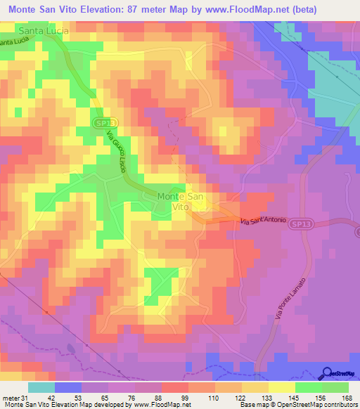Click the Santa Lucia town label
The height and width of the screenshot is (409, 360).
coord(44,31)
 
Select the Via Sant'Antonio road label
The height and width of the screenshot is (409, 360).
coord(263,221)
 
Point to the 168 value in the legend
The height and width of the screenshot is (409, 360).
coord(346,397)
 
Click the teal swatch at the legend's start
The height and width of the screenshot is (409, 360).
coord(41,387)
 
